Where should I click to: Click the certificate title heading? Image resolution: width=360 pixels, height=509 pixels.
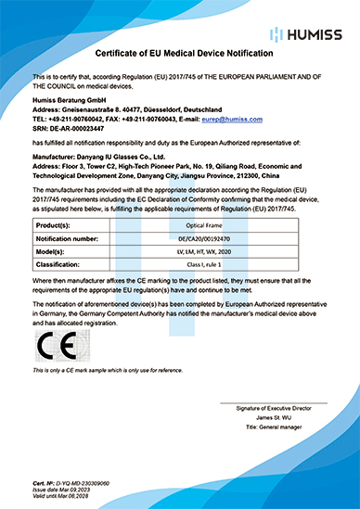click(179, 55)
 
